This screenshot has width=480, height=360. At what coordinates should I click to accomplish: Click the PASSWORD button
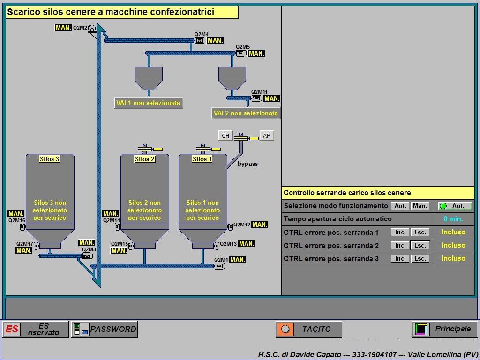pyautogui.click(x=105, y=329)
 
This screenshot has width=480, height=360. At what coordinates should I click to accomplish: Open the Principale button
pyautogui.click(x=445, y=329)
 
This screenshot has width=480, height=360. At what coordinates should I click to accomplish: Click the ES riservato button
pyautogui.click(x=36, y=329)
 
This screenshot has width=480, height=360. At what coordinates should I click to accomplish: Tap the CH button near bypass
pyautogui.click(x=225, y=136)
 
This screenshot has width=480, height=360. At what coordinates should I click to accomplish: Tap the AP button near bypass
pyautogui.click(x=266, y=136)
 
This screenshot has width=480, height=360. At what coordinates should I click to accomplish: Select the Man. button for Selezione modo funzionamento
pyautogui.click(x=420, y=206)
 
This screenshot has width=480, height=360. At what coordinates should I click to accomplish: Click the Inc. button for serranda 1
pyautogui.click(x=400, y=232)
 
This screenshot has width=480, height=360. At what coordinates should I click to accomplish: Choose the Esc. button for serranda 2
pyautogui.click(x=420, y=246)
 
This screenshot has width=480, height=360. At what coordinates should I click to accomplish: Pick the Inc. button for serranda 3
pyautogui.click(x=400, y=259)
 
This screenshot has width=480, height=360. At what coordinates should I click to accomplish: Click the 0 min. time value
pyautogui.click(x=453, y=219)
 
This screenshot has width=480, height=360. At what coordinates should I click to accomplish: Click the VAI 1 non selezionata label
pyautogui.click(x=148, y=103)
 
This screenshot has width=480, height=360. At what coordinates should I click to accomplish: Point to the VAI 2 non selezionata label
pyautogui.click(x=246, y=113)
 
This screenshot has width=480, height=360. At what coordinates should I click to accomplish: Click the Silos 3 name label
pyautogui.click(x=49, y=159)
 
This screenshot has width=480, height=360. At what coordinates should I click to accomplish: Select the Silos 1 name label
pyautogui.click(x=202, y=159)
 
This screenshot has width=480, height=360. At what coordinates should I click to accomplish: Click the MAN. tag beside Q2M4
pyautogui.click(x=215, y=41)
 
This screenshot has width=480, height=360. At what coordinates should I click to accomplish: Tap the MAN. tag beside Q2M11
pyautogui.click(x=272, y=98)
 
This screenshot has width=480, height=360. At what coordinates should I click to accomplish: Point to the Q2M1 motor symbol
pyautogui.click(x=219, y=266)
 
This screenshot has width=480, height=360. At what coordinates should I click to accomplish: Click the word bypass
pyautogui.click(x=247, y=164)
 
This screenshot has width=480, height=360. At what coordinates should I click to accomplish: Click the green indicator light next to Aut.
pyautogui.click(x=443, y=206)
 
